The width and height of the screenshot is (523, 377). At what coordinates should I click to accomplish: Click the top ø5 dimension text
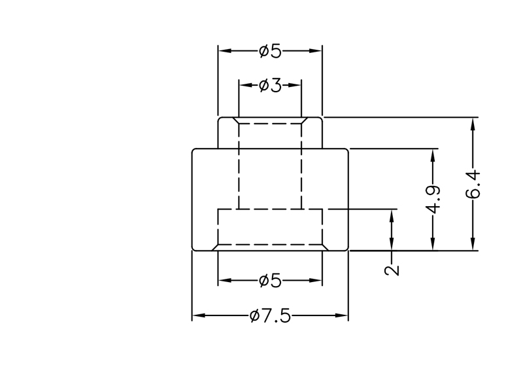point(270,50)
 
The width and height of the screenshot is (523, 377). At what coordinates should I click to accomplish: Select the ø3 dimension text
point(270,85)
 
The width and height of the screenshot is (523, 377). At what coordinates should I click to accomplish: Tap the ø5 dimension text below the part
point(270,281)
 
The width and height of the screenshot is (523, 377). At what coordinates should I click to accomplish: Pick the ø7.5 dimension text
point(269,316)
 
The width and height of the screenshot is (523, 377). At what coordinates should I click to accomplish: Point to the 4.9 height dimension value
point(432,199)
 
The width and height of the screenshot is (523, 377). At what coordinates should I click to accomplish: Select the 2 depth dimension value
point(392,270)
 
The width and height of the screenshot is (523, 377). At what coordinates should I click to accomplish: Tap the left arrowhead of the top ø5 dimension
point(223,50)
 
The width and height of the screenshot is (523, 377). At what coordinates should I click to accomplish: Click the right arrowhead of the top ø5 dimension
point(317,50)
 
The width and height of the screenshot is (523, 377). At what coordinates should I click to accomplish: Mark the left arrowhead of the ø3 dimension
point(244,85)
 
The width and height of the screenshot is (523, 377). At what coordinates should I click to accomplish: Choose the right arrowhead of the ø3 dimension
point(296,85)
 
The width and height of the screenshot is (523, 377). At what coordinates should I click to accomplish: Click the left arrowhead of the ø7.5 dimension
point(197,316)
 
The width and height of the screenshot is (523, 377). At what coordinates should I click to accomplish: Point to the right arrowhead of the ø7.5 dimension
point(343,316)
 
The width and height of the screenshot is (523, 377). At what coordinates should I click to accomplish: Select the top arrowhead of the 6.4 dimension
point(473,123)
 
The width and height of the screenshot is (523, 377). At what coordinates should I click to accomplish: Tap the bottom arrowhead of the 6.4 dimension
point(473,244)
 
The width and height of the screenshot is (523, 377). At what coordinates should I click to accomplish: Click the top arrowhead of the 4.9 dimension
point(432,155)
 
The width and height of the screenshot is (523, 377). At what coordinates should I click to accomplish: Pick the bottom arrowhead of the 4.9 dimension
point(432,244)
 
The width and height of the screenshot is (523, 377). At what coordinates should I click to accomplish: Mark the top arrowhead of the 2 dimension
point(392,215)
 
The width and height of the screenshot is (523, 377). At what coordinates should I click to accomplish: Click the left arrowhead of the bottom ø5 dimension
point(223,281)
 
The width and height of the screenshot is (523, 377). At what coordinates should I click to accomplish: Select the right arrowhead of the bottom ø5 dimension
point(317,281)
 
